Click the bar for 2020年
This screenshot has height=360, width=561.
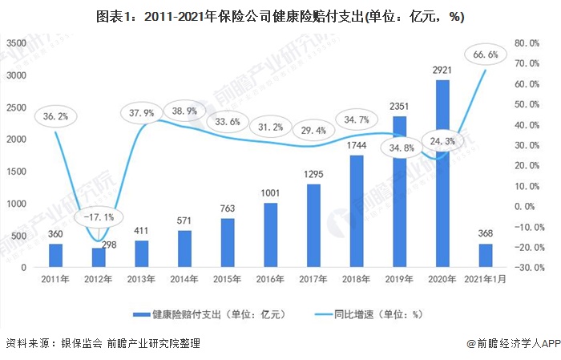click(442, 173)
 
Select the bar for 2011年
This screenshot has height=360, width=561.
click(55, 255)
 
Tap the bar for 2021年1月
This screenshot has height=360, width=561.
click(486, 255)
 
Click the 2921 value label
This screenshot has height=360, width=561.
click(442, 71)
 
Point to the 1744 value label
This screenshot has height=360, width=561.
click(357, 148)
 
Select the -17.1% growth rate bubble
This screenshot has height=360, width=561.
click(98, 216)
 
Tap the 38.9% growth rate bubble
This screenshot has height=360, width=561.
click(185, 111)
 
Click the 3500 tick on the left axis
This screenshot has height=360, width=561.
click(17, 42)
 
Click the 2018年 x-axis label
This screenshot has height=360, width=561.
click(357, 279)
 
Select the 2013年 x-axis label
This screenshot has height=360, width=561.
click(142, 279)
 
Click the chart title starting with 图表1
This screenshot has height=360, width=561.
click(280, 15)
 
